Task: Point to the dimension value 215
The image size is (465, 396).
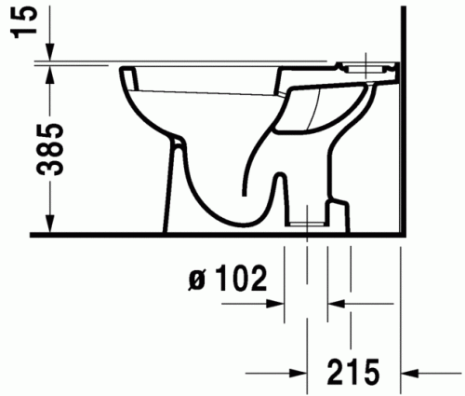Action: coord(353,370)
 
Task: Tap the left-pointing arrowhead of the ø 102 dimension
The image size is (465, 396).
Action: coord(335,303)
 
